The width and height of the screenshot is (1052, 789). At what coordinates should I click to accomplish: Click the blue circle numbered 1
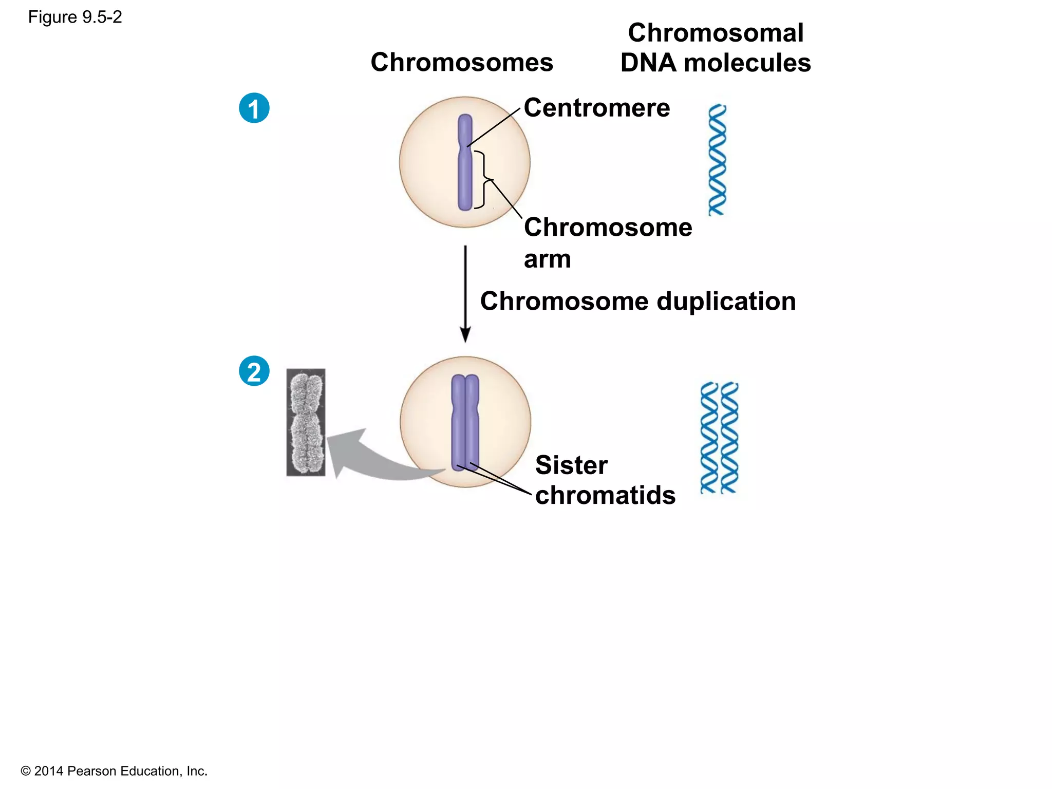[x=254, y=108]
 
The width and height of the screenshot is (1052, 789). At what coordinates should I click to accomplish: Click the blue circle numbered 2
[x=254, y=371]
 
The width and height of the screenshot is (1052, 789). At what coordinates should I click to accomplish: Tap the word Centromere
[x=597, y=108]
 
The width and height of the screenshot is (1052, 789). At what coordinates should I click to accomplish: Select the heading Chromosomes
[x=462, y=62]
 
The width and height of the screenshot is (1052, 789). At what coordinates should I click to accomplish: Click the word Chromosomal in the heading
[x=716, y=33]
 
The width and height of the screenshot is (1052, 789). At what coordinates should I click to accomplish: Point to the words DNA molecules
[x=716, y=63]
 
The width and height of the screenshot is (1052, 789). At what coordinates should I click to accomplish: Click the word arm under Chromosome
[x=547, y=259]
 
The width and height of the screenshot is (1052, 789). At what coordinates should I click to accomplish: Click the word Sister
[x=571, y=465]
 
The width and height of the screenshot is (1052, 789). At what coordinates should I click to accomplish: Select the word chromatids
[x=605, y=495]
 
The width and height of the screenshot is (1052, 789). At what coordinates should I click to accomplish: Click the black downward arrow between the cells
[x=465, y=293]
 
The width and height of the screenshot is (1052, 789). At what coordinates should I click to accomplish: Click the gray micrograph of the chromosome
[x=306, y=422]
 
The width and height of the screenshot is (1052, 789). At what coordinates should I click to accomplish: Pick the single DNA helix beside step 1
[x=717, y=160]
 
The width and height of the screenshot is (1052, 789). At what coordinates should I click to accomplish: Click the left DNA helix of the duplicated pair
[x=709, y=438]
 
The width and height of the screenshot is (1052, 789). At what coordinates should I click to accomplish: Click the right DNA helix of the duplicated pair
[x=729, y=438]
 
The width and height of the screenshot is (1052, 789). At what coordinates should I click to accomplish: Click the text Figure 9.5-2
[x=75, y=17]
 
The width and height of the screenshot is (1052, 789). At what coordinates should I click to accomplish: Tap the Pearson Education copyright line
[x=114, y=771]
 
